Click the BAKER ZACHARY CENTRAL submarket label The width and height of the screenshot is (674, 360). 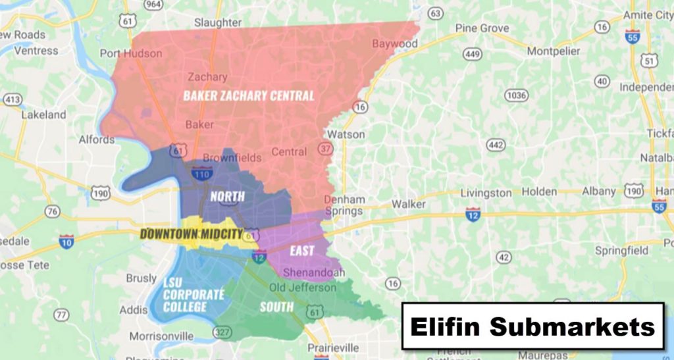248,96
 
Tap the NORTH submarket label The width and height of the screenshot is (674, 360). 227,196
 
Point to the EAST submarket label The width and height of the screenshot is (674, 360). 301,251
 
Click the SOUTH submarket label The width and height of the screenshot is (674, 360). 276,307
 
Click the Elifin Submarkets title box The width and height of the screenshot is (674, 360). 532,326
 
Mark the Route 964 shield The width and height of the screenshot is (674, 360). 153,5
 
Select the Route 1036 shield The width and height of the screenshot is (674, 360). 515,95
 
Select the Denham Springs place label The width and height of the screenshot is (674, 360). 344,205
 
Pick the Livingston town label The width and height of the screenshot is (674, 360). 486,193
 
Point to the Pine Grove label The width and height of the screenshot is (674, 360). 482,28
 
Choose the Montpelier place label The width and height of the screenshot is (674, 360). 554,51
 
